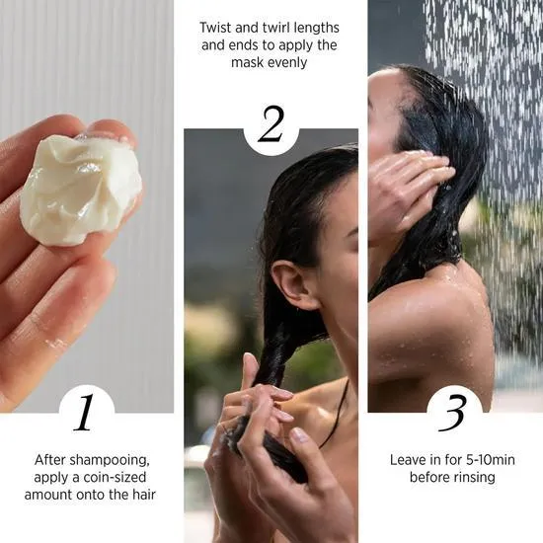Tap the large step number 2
click(271, 125)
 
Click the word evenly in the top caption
click(290, 61)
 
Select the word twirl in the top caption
click(275, 28)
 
